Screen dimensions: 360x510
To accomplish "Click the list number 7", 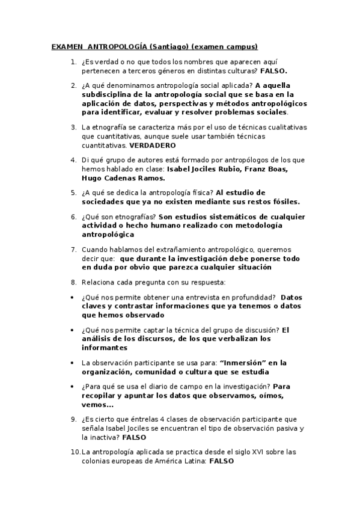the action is tap(73, 249).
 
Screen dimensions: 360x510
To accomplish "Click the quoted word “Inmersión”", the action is tap(242, 363).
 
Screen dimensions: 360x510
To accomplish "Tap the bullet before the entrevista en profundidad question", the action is tap(73, 296).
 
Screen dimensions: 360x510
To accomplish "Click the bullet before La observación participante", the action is tap(73, 363).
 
